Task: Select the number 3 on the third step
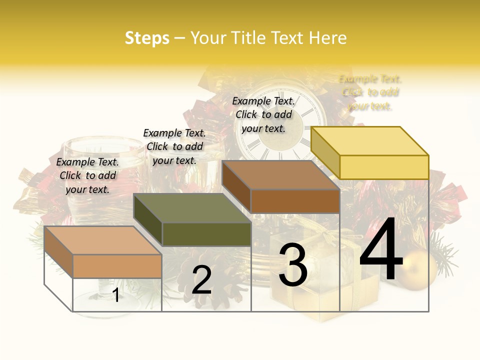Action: click(x=292, y=265)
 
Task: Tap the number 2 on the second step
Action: click(x=201, y=280)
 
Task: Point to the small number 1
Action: click(x=116, y=295)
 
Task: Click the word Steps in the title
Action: click(x=147, y=38)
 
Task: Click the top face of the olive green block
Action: click(x=192, y=208)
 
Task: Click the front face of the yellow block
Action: click(x=384, y=167)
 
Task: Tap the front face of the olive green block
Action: click(x=206, y=234)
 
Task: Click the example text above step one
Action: click(x=87, y=175)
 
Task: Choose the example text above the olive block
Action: click(x=174, y=146)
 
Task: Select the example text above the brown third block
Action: click(x=263, y=114)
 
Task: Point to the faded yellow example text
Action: click(x=370, y=92)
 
